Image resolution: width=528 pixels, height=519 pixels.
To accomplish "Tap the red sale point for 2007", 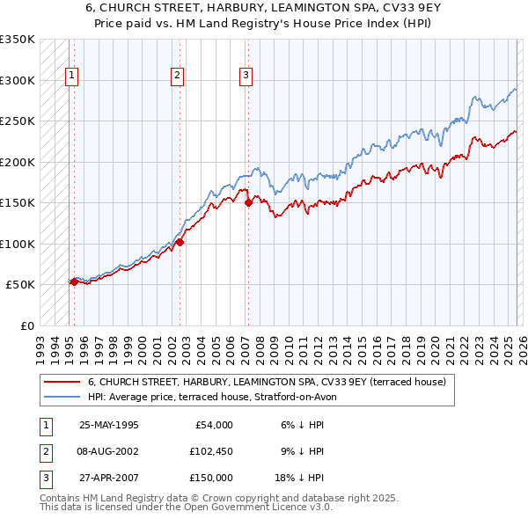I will pyautogui.click(x=248, y=202).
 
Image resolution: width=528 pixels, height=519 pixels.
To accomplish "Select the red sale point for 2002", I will pyautogui.click(x=180, y=242).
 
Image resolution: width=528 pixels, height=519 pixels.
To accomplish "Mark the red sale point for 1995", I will pyautogui.click(x=74, y=281).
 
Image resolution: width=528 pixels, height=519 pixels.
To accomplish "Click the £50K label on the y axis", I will pyautogui.click(x=21, y=285).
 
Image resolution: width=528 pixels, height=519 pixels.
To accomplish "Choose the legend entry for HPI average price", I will pyautogui.click(x=212, y=397).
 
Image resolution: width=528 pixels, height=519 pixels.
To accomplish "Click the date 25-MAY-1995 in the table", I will pyautogui.click(x=108, y=425).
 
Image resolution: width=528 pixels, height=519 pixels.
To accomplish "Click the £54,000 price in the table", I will pyautogui.click(x=212, y=425).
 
